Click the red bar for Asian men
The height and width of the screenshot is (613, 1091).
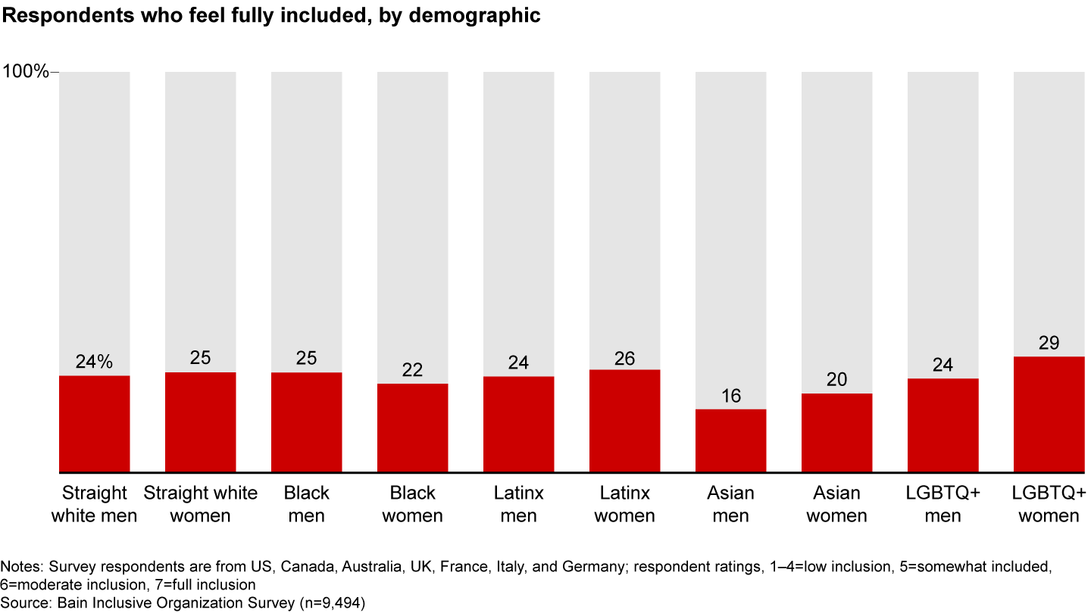[x=730, y=440]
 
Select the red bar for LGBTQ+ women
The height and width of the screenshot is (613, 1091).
[x=1049, y=414]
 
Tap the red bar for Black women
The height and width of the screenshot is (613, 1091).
[x=412, y=428]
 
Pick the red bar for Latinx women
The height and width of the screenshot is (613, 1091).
[x=624, y=421]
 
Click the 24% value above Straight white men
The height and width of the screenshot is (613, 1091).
[x=94, y=363]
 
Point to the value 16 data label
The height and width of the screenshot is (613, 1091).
[x=730, y=396]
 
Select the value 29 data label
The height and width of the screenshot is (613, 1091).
[x=1049, y=343]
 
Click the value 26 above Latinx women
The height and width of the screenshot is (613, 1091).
[x=624, y=357]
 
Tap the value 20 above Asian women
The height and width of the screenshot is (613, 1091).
[x=836, y=380]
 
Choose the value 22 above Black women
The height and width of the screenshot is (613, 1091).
[x=412, y=370]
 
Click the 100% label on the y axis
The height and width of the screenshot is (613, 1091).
[x=26, y=73]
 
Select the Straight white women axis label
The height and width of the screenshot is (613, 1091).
[x=200, y=505]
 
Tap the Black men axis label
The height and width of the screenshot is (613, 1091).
[x=306, y=505]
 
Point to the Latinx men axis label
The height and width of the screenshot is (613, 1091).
[x=518, y=505]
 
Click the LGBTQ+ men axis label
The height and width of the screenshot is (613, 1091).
[x=943, y=505]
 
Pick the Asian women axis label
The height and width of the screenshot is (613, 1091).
[x=836, y=505]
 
